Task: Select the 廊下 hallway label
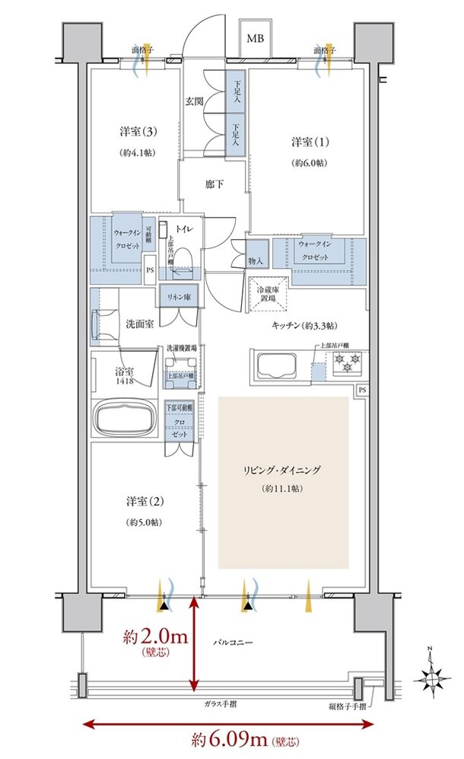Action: (x=214, y=183)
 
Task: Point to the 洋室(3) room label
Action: (x=135, y=132)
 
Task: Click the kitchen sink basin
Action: (x=278, y=367)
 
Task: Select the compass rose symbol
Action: (x=434, y=674)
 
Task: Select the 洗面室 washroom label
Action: (x=140, y=324)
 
